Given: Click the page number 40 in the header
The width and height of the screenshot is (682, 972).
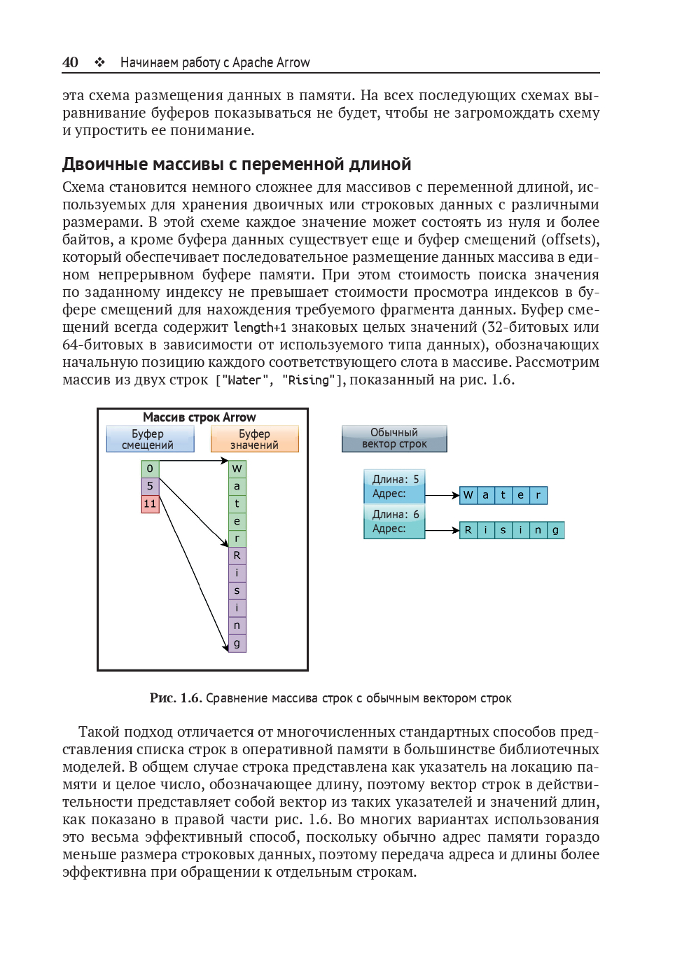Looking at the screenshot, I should click(70, 62).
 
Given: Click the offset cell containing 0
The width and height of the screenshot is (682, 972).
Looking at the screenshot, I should click(150, 468).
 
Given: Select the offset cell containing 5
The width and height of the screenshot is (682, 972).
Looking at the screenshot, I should click(150, 486).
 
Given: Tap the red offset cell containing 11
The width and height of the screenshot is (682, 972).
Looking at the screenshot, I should click(150, 504).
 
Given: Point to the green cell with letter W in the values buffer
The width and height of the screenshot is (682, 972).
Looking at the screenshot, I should click(237, 468).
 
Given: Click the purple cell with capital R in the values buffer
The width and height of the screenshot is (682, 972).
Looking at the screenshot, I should click(237, 555).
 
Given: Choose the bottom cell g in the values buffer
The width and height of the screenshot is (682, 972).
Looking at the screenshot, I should click(237, 643).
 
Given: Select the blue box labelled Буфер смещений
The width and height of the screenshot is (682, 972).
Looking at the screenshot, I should click(150, 439).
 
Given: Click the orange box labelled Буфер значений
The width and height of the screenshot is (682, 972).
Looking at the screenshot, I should click(254, 439).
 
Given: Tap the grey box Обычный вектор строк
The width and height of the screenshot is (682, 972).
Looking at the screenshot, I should click(394, 438).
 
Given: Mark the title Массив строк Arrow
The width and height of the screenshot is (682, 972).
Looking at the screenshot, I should click(200, 417).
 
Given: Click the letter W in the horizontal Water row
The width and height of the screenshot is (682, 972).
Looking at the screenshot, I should click(468, 495).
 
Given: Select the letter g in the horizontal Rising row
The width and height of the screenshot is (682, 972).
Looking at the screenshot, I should click(555, 530).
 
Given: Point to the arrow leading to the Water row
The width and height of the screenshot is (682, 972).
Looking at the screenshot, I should click(442, 495).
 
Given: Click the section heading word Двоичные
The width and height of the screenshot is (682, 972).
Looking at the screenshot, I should click(105, 165).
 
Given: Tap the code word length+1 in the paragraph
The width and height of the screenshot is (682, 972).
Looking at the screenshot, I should click(260, 327).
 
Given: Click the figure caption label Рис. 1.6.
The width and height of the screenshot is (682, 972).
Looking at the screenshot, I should click(176, 698).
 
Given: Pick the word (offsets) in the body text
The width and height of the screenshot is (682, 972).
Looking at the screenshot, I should click(570, 239).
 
